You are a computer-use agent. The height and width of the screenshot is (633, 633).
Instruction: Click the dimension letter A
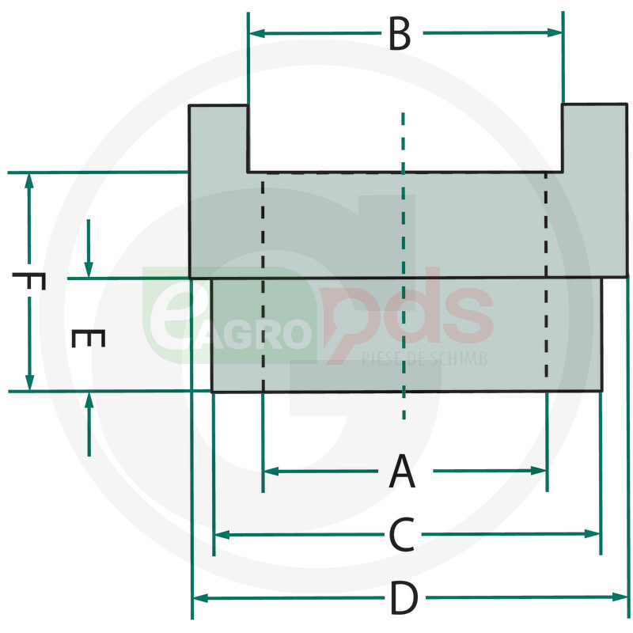point(402,471)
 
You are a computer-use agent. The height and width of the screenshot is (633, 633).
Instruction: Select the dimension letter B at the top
point(400,33)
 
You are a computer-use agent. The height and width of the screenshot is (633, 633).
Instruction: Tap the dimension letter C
point(402,535)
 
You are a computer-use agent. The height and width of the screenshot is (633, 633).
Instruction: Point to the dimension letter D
point(404,598)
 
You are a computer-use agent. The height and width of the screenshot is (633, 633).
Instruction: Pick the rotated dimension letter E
point(89,339)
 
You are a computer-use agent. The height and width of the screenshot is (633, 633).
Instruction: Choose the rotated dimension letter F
point(28,281)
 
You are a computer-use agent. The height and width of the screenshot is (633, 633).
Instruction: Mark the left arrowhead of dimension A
point(271,471)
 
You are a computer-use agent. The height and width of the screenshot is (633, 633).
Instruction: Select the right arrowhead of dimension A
point(539,470)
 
